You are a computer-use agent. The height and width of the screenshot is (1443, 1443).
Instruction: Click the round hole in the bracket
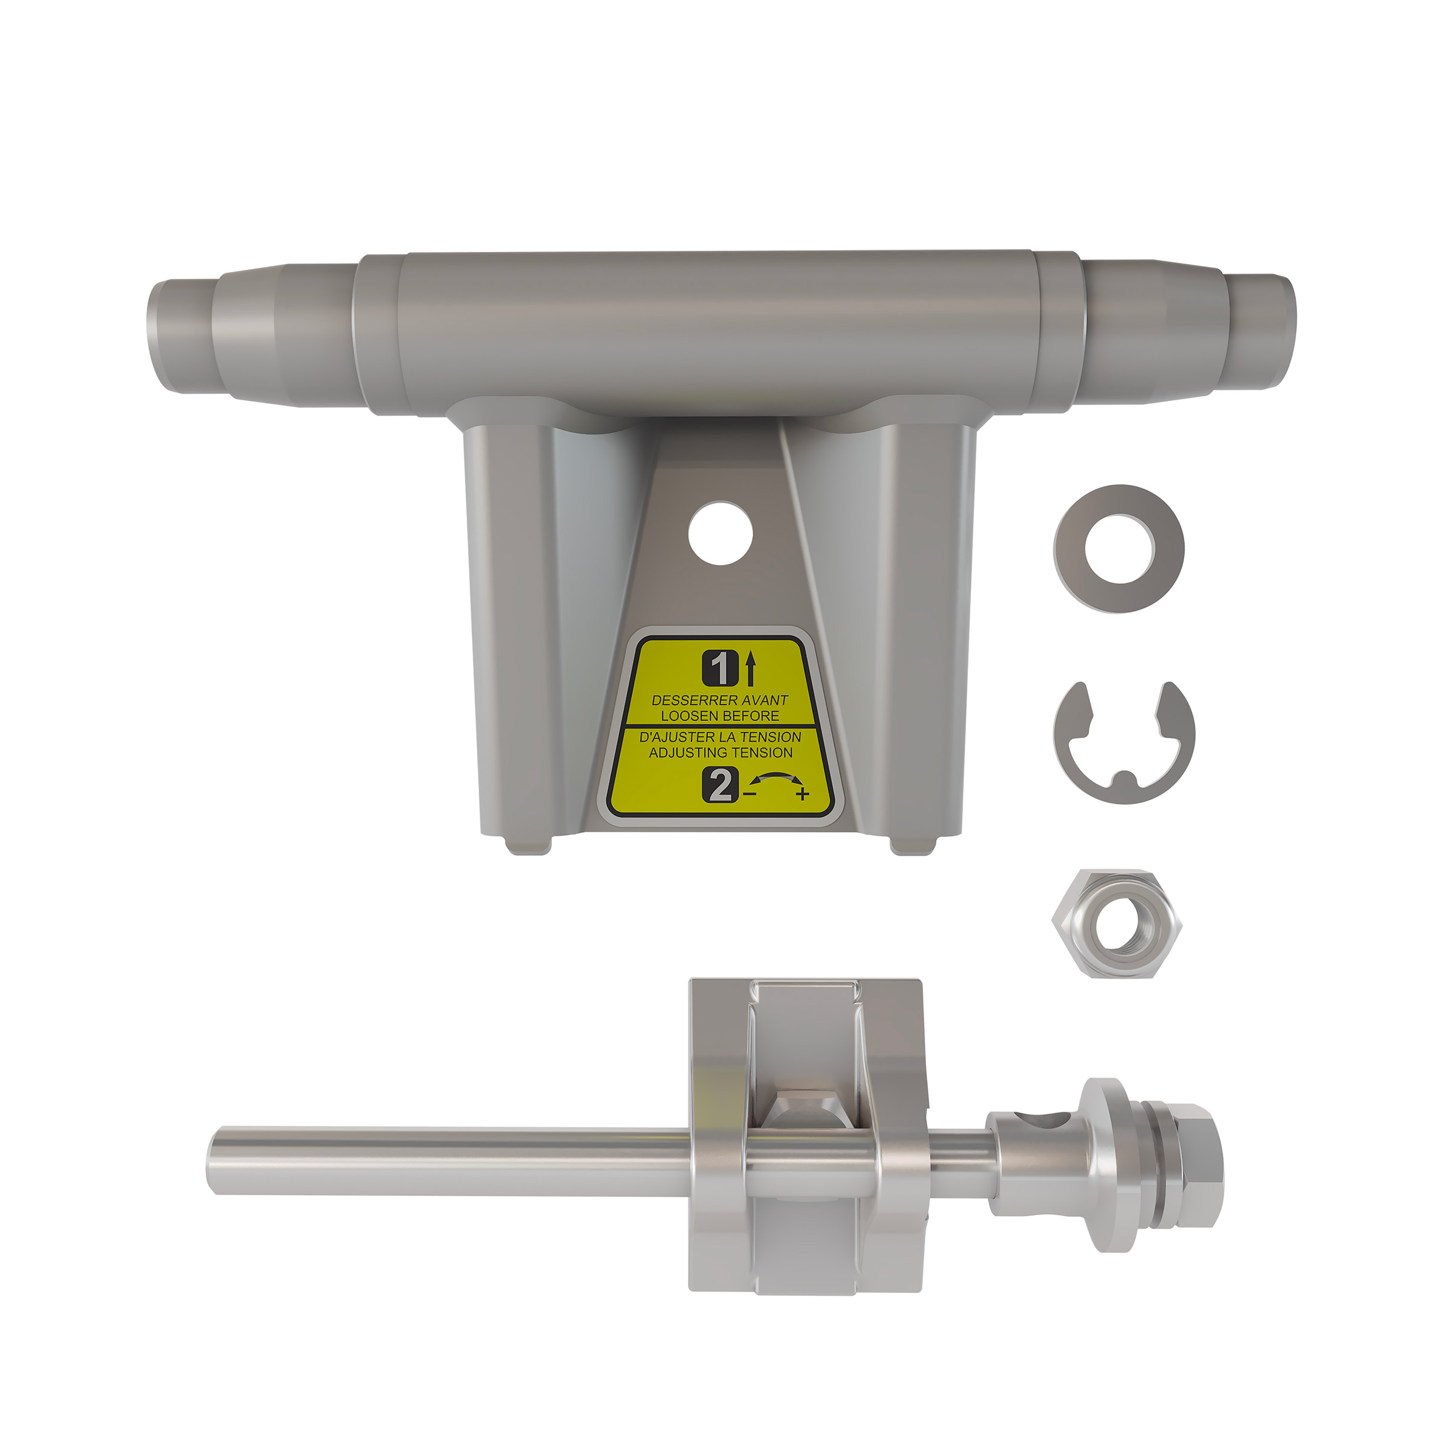pyautogui.click(x=720, y=533)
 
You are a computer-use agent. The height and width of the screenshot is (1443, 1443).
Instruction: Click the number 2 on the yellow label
pyautogui.click(x=720, y=786)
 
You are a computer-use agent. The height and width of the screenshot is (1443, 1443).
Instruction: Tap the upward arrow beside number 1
pyautogui.click(x=750, y=669)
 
